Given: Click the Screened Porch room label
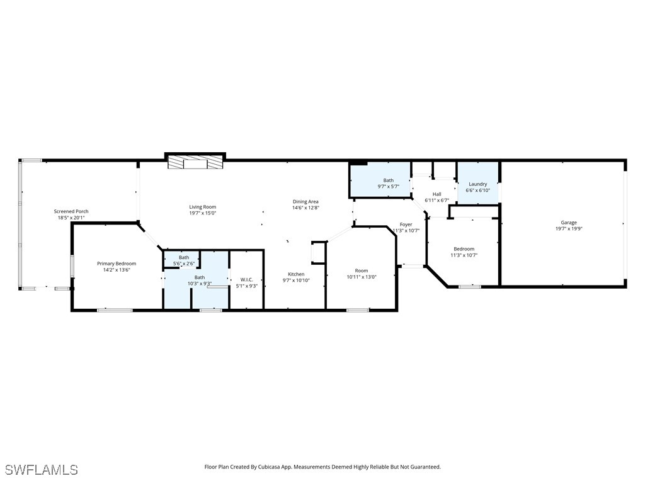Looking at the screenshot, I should click(71, 211).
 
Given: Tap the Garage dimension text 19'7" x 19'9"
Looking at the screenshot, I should click(568, 229).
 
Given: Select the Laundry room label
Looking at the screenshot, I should click(477, 184).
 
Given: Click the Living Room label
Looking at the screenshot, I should click(202, 207).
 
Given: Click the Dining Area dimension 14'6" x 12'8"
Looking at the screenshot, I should click(305, 208).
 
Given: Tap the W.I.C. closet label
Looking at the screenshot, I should click(246, 279).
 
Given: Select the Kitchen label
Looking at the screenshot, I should click(296, 274).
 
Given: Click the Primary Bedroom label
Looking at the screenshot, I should click(116, 264).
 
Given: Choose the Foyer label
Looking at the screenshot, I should click(406, 225).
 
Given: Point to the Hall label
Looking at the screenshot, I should click(437, 194).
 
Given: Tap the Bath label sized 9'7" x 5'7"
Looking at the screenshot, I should click(388, 180).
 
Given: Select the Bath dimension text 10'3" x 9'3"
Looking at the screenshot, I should click(199, 284).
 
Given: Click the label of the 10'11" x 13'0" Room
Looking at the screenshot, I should click(362, 270).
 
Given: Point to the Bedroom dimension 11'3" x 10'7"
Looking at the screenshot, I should click(464, 255).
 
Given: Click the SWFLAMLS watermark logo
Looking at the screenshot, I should click(41, 470).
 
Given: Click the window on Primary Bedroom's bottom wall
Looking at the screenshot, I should click(115, 309).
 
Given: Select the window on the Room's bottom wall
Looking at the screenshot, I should click(357, 309).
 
